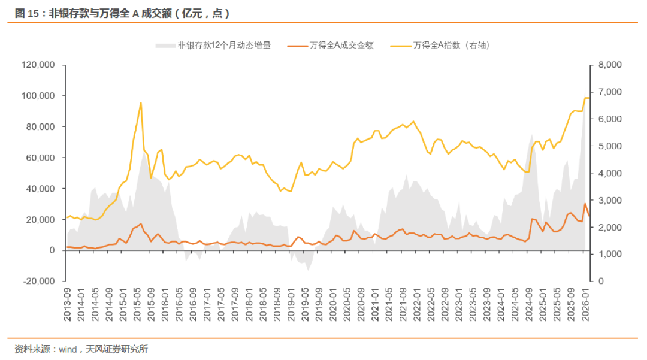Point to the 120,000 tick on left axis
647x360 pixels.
[38, 65]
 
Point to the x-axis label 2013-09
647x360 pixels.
[68, 301]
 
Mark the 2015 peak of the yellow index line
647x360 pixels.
[141, 102]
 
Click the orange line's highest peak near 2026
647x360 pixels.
[585, 204]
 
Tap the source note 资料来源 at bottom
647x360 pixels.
[81, 349]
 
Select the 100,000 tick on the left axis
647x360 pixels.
[38, 96]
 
